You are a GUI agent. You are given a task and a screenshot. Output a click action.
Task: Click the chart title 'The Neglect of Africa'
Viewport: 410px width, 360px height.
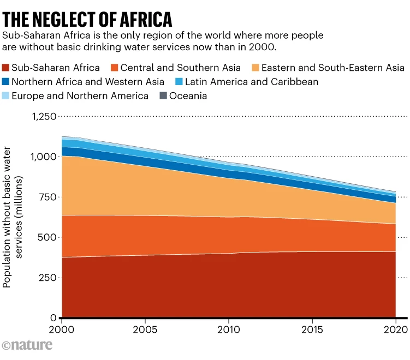pos(87,19)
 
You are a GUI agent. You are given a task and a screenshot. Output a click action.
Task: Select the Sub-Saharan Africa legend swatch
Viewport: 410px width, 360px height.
pos(7,68)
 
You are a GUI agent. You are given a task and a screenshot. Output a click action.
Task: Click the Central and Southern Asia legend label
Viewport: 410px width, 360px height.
pos(180,68)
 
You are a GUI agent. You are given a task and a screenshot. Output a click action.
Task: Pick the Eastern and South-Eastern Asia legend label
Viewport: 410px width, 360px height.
pos(332,68)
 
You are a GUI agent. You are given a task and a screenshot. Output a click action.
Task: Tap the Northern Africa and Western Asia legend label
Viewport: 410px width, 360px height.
pos(87,82)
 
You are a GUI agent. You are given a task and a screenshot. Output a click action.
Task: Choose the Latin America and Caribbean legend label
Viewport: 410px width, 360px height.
pos(251,82)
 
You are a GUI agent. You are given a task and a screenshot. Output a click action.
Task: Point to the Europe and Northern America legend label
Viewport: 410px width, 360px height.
pos(80,96)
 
